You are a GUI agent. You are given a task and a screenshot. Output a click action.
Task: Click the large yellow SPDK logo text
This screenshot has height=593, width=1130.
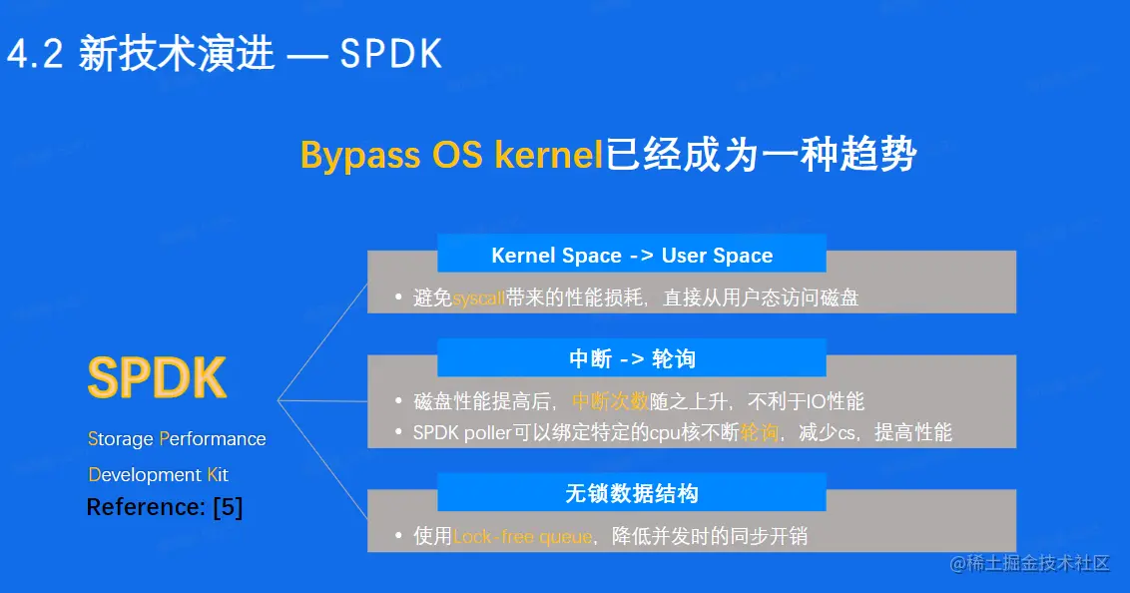coord(157,376)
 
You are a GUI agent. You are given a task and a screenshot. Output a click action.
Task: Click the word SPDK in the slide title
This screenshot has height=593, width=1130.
coord(390,54)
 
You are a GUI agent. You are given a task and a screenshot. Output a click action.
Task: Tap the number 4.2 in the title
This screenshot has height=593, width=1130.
coord(35,54)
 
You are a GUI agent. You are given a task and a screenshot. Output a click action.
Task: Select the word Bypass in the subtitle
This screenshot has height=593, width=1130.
coord(359,154)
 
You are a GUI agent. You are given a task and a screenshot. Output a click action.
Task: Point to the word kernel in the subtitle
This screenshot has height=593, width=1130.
coord(548,154)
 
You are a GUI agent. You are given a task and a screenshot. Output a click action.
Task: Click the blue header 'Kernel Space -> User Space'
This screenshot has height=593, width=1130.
coord(632,255)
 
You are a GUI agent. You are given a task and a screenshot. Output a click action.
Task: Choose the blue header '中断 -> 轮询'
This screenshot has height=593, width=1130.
coord(632,358)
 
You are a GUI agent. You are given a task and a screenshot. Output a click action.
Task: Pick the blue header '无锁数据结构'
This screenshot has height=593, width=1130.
coord(632,493)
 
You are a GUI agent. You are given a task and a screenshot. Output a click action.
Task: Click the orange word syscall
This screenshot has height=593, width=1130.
coord(478,298)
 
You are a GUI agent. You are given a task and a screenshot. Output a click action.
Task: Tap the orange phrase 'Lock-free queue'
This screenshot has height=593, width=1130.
coord(522,537)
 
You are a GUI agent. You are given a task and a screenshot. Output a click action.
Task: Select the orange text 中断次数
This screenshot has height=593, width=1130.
coord(610,401)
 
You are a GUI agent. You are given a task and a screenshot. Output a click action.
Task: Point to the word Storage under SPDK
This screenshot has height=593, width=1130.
coord(121,439)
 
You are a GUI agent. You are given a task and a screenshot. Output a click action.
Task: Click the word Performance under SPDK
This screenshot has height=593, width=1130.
coord(213,439)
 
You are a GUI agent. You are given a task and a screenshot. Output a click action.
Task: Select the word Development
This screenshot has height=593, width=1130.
coord(145,475)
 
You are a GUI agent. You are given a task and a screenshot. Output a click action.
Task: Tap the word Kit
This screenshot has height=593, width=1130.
coord(218,475)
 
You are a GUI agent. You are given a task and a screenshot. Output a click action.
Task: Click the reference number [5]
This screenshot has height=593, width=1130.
coord(228,507)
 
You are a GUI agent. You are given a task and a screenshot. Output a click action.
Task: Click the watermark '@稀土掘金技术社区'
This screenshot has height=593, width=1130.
coord(1030,563)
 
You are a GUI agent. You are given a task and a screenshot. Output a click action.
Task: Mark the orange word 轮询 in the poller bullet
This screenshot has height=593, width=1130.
coord(760,432)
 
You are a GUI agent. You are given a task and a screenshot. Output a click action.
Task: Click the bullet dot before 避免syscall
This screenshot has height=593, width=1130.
coord(398,296)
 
